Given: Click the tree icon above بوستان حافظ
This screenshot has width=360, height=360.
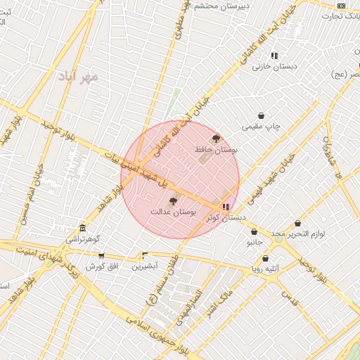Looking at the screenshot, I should [216, 139].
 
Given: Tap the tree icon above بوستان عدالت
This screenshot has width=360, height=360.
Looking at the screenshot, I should [173, 201].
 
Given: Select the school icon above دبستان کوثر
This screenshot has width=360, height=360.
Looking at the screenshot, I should [225, 207].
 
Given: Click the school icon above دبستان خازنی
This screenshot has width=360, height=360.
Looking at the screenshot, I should [274, 55].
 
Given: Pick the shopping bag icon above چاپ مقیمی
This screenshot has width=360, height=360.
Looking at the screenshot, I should [262, 115].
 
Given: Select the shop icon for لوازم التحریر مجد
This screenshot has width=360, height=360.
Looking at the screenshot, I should [298, 223].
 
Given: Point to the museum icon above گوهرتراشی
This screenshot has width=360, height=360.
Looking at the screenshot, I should [83, 228].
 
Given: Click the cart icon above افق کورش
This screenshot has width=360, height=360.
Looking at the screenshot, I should [102, 256].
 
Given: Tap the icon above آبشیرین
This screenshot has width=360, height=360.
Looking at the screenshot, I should [145, 256].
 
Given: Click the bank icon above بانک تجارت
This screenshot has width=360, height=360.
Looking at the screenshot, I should [341, 6].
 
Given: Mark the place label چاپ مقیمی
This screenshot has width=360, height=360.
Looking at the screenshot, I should [261, 127].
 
